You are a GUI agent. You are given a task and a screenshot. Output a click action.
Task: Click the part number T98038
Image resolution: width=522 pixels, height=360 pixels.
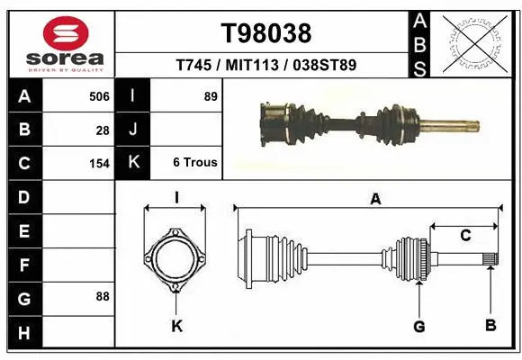click(266, 33)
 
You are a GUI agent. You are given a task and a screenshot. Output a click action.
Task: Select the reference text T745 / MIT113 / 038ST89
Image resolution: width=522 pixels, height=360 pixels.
click(266, 65)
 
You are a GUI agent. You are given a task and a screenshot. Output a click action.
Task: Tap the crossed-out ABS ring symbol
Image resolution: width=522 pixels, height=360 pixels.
click(474, 42)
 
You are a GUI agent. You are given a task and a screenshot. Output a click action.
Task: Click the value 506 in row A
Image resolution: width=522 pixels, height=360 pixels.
click(99, 96)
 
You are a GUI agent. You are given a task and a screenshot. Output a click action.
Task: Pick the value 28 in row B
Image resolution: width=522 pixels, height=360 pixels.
click(103, 130)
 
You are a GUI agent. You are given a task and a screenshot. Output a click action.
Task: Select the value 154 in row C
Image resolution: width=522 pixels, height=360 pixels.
click(99, 164)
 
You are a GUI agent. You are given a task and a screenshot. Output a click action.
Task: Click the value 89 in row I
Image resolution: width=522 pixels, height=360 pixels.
click(211, 96)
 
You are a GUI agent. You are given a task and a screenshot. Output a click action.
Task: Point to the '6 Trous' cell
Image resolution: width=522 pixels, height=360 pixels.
click(195, 163)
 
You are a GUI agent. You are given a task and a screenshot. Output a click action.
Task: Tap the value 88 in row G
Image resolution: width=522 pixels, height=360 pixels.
click(102, 296)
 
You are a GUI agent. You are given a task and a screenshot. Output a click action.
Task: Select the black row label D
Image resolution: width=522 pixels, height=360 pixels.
click(23, 197)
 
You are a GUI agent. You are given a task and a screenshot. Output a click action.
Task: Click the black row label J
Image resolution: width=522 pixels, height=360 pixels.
click(133, 130)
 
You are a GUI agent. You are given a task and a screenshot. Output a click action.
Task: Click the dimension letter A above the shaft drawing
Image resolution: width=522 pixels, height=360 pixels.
click(375, 199)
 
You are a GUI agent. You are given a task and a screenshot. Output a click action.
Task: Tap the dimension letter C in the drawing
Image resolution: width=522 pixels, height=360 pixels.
click(465, 236)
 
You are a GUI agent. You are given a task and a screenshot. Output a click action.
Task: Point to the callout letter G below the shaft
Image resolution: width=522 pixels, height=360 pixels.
click(418, 325)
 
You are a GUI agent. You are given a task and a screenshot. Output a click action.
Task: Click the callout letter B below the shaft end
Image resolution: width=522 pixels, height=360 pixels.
click(490, 325)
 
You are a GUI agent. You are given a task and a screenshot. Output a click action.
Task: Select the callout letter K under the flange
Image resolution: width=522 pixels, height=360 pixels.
click(176, 326)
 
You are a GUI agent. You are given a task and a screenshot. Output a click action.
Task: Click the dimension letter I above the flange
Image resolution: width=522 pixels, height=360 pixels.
click(176, 198)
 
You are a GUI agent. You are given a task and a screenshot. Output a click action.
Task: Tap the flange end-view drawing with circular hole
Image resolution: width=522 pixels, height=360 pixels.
click(175, 261)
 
